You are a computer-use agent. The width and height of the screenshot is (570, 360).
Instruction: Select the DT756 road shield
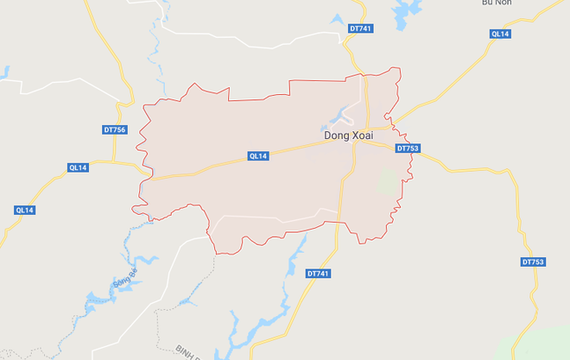tap(113, 129)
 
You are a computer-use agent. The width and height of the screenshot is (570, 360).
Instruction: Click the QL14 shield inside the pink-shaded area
tap(258, 156)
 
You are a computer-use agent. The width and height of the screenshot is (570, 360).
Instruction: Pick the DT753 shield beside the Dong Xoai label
tap(408, 148)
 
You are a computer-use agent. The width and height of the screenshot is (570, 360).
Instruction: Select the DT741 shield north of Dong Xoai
tap(361, 28)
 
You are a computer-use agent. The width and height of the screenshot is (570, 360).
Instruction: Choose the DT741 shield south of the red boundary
tap(318, 274)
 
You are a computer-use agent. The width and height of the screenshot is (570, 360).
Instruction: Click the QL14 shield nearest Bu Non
tap(500, 34)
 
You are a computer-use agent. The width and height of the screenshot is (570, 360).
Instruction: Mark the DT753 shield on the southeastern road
tap(534, 262)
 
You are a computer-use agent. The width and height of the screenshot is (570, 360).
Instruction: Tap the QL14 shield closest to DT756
tap(79, 167)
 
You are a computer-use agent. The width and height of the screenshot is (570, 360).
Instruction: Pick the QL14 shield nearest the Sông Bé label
tap(25, 210)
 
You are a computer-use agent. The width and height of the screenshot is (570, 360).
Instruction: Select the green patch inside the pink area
tap(389, 182)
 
